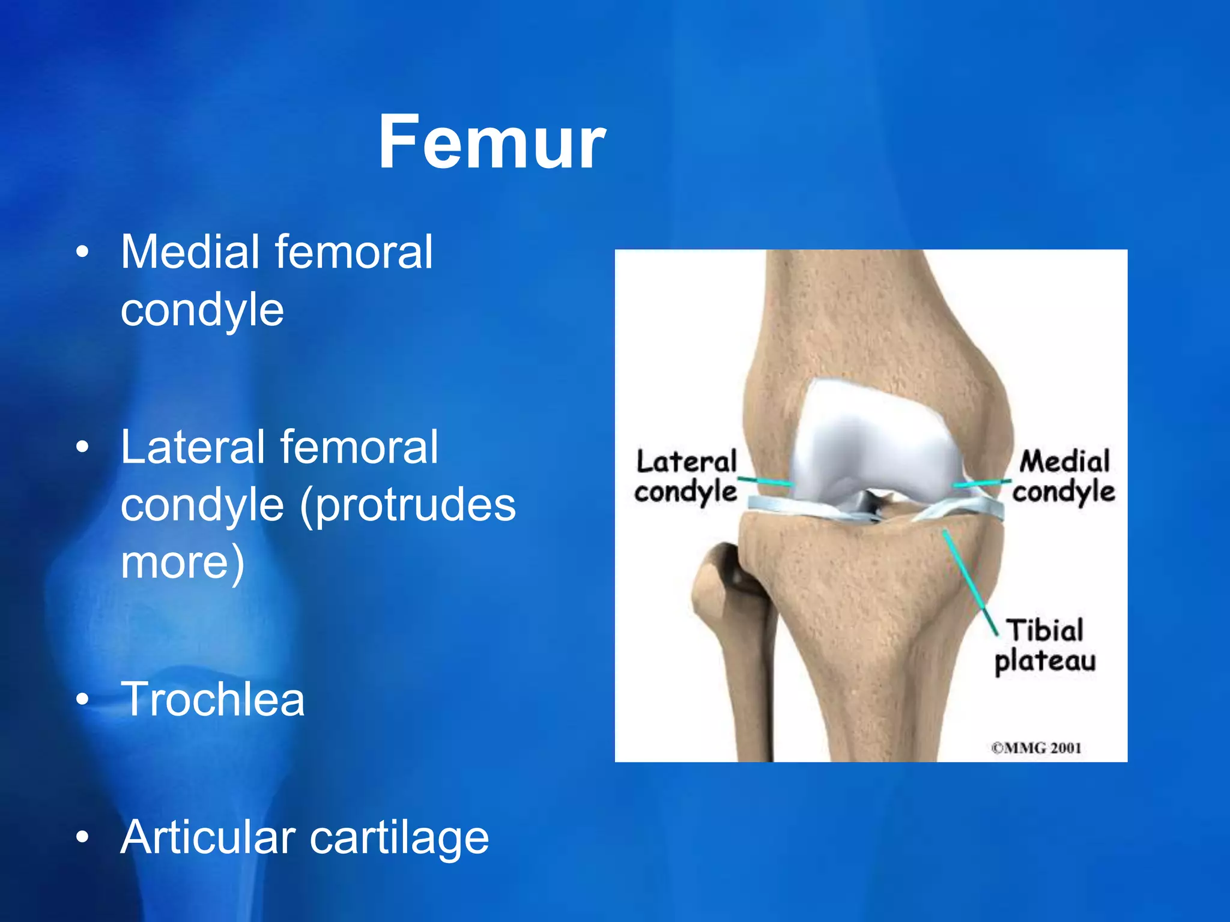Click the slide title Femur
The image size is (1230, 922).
pos(491,143)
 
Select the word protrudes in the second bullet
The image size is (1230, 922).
pos(408,505)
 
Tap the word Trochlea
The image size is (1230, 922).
pos(213,699)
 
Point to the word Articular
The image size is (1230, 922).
pos(208,837)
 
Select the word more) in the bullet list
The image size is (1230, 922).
pos(183,562)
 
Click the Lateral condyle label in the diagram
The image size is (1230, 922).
pos(686,477)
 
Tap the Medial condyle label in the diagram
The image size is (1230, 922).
pos(1064,477)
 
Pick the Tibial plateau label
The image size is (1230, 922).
pos(1045,646)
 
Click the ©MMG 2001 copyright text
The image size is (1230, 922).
pos(1036,748)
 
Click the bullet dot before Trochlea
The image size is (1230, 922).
pos(83,699)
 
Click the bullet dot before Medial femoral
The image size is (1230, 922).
pos(83,252)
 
